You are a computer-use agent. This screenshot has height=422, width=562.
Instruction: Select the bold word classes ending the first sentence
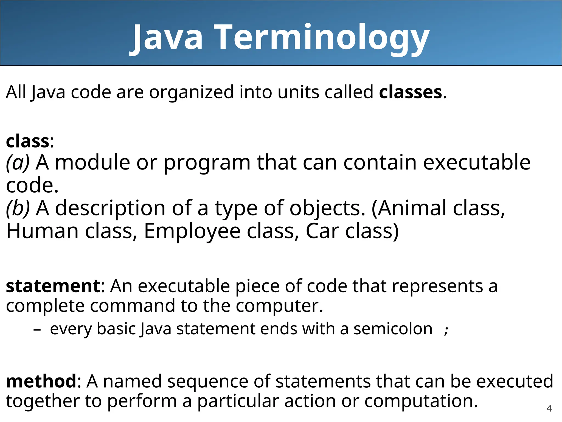click(x=410, y=92)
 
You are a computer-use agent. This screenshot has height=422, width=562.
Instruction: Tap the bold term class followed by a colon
click(x=27, y=141)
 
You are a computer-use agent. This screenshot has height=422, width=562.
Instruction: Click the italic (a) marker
click(x=18, y=163)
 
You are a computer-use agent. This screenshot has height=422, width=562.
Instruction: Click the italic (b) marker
click(x=18, y=208)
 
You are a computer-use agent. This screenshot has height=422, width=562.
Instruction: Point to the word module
click(x=92, y=163)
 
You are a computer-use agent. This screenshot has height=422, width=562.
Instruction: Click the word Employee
click(x=192, y=231)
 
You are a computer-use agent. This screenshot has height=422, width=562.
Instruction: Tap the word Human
click(x=42, y=231)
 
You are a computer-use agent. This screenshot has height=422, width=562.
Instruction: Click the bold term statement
click(x=54, y=286)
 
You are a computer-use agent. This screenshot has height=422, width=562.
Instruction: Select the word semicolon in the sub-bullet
click(x=393, y=329)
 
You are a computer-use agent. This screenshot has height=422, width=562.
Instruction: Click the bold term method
click(x=41, y=381)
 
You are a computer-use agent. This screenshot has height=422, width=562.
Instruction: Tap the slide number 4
click(x=549, y=408)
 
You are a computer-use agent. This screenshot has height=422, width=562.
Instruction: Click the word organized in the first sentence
click(x=191, y=93)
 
